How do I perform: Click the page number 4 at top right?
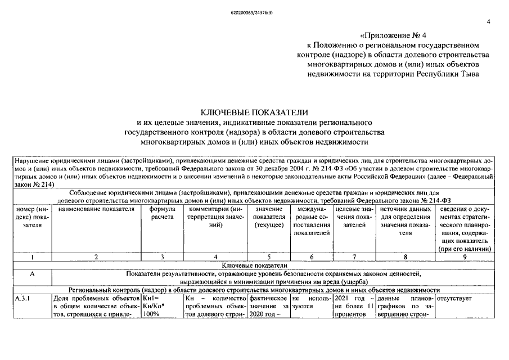(x=488, y=22)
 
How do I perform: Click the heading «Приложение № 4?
(x=389, y=35)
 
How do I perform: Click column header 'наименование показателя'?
(x=96, y=209)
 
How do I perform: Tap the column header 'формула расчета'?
(x=162, y=213)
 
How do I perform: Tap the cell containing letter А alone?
(x=33, y=273)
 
